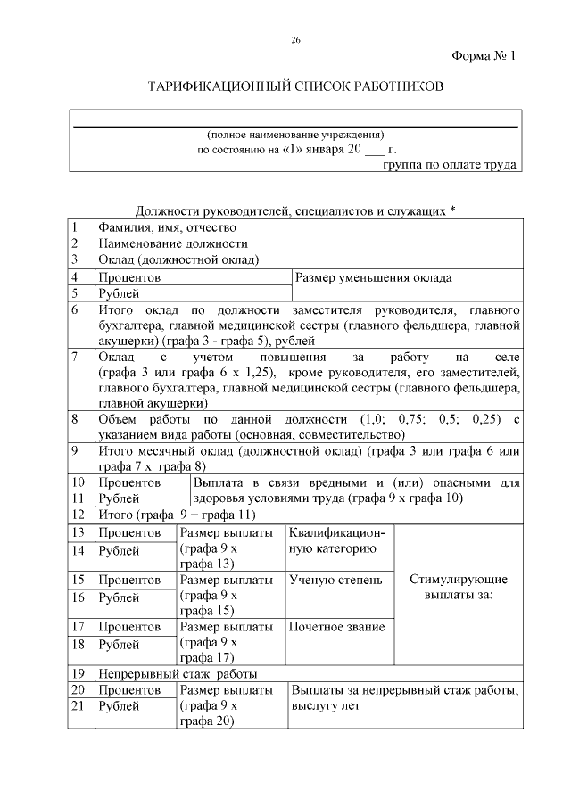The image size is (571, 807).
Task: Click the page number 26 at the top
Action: pos(295,41)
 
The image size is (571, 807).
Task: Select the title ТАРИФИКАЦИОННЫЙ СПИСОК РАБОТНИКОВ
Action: pos(294,87)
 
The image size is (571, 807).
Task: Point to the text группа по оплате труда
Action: pos(450,165)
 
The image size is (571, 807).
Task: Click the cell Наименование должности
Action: pos(172,243)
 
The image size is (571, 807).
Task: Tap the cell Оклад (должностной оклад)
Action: pos(178,260)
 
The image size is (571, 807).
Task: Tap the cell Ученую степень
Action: pos(336,580)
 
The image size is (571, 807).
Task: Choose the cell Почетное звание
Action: pos(337,627)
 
